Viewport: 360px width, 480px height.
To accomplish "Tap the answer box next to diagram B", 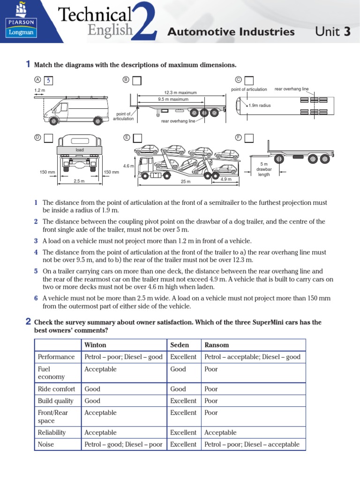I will click(136, 81).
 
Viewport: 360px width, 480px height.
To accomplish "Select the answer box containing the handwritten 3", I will click(49, 81).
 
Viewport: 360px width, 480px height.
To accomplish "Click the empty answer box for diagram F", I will click(248, 138).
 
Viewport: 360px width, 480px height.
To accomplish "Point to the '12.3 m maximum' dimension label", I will click(180, 92).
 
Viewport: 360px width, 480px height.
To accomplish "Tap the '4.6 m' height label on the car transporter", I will click(128, 166).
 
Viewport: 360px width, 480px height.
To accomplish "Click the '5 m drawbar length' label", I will click(264, 169).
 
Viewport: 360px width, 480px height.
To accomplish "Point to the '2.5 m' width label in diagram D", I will click(79, 181).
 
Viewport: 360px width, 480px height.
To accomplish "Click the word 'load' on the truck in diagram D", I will click(79, 150).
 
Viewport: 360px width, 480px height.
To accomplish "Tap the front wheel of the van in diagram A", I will click(54, 121).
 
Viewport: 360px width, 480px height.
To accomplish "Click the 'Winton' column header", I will click(95, 345).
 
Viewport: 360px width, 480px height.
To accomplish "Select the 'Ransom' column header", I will click(217, 345).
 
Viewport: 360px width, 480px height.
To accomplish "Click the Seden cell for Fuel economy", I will click(178, 369).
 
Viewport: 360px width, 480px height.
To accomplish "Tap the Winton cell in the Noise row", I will click(123, 444).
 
